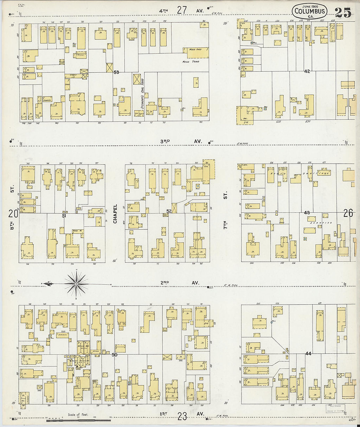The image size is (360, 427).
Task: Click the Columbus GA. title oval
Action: click(x=309, y=11)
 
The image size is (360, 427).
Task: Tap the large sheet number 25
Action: click(x=343, y=12)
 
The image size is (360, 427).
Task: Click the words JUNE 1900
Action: click(x=309, y=6)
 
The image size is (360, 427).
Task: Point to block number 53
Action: click(x=116, y=72)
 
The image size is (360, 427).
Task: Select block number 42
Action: click(x=307, y=71)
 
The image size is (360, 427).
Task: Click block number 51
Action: click(x=64, y=216)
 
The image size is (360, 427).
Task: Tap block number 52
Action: click(x=169, y=211)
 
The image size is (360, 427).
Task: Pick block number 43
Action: click(x=307, y=213)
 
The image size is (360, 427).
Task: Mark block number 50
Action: click(x=115, y=354)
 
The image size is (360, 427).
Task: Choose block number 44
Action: click(x=308, y=353)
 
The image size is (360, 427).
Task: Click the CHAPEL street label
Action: click(x=115, y=214)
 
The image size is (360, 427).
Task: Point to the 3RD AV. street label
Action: click(x=181, y=141)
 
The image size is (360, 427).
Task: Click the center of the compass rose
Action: click(x=76, y=284)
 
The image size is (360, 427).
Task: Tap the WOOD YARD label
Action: click(x=190, y=62)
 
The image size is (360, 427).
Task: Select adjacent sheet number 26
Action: click(x=348, y=213)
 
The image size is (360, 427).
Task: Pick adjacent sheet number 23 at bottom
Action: click(x=182, y=416)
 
